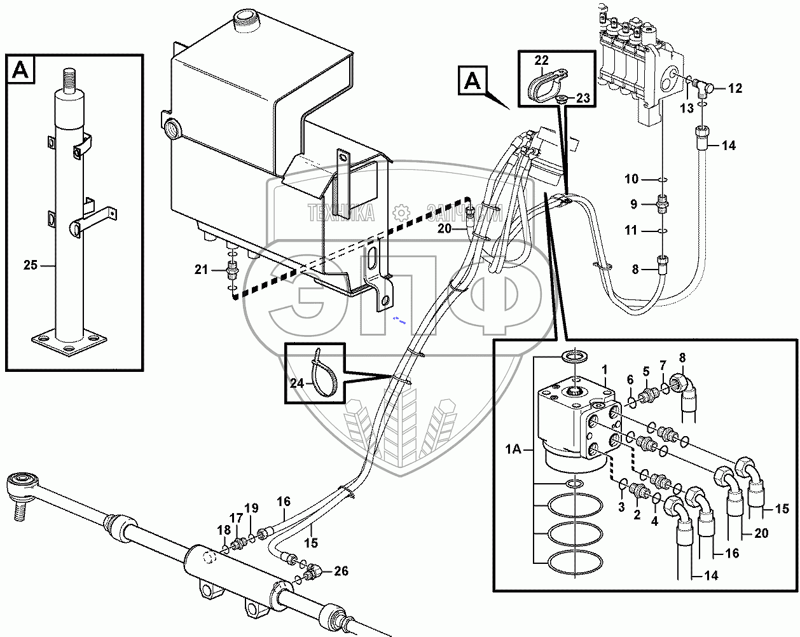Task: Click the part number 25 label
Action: pyautogui.click(x=31, y=265)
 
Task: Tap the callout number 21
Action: pyautogui.click(x=202, y=270)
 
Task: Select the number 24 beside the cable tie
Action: pyautogui.click(x=297, y=383)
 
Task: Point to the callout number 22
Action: pyautogui.click(x=541, y=61)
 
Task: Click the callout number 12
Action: pyautogui.click(x=734, y=88)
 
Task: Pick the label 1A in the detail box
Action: pyautogui.click(x=513, y=450)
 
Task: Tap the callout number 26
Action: pyautogui.click(x=341, y=572)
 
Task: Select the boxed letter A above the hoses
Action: pyautogui.click(x=472, y=81)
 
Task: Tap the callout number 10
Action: pyautogui.click(x=631, y=180)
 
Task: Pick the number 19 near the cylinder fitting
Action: pyautogui.click(x=251, y=508)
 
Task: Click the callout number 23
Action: pyautogui.click(x=583, y=99)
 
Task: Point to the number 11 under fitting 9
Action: pyautogui.click(x=630, y=230)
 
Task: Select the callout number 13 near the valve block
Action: pyautogui.click(x=687, y=109)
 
